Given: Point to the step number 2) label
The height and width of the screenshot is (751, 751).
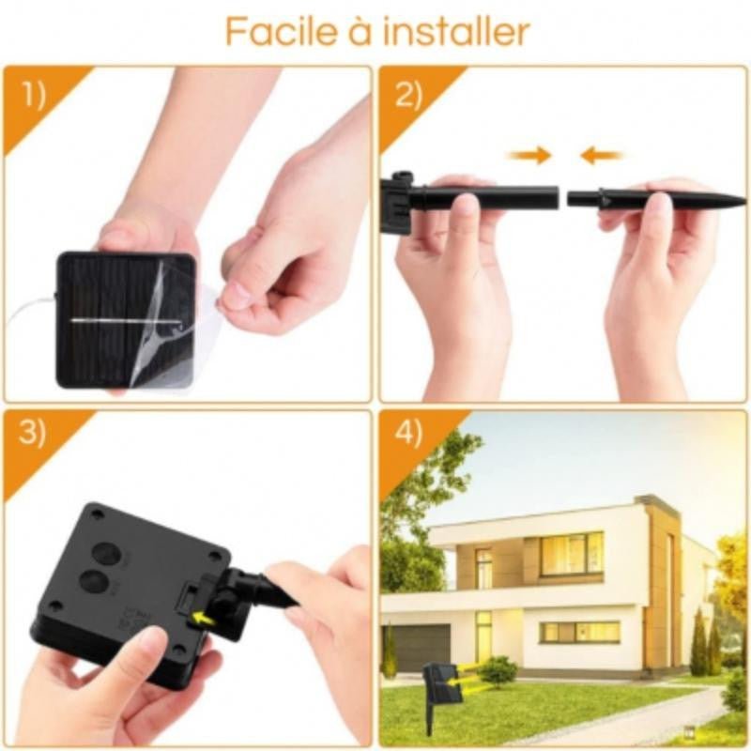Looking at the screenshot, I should pyautogui.click(x=409, y=97).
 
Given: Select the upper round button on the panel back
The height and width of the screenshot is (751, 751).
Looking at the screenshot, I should pyautogui.click(x=107, y=554).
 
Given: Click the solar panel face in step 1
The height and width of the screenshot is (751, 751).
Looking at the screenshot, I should pyautogui.click(x=108, y=319).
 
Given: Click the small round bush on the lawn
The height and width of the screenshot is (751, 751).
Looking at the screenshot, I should pyautogui.click(x=499, y=671).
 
